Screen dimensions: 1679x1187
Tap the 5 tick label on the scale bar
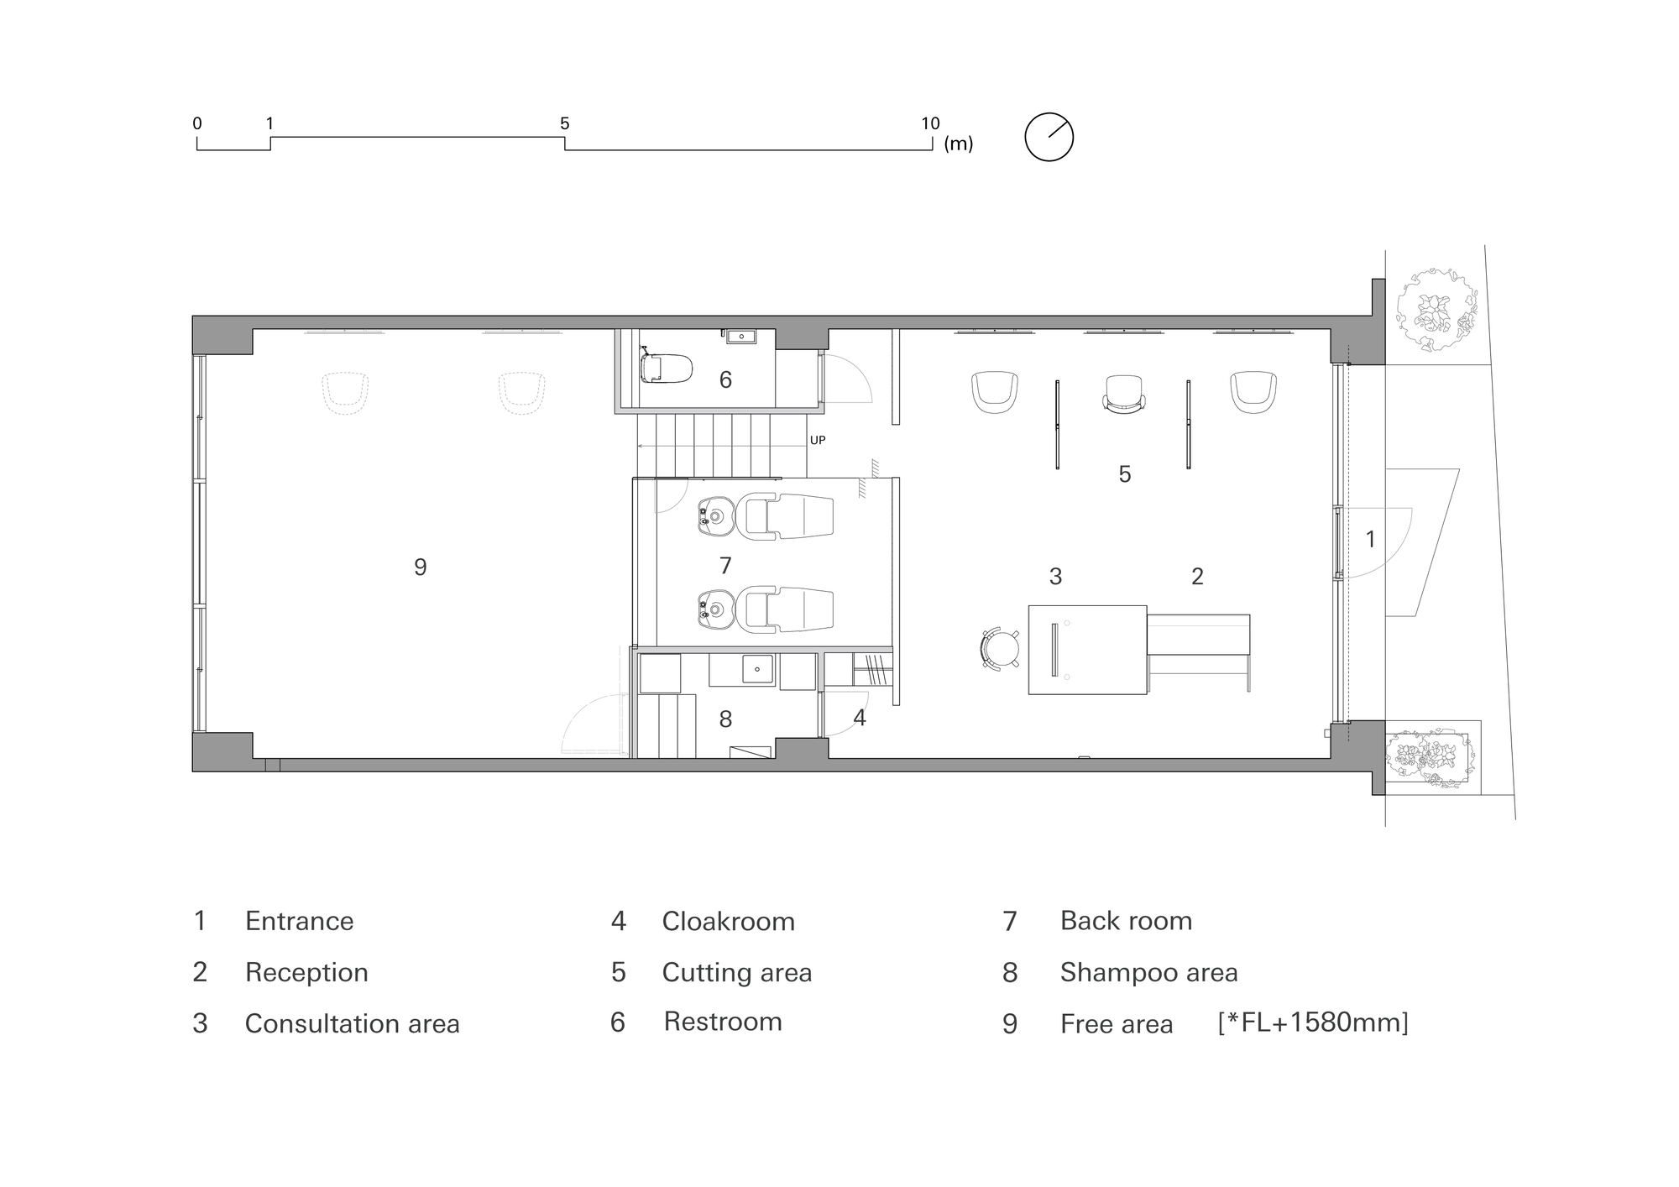[565, 124]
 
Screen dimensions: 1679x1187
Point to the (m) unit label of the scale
[959, 144]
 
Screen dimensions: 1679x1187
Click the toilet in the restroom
[666, 368]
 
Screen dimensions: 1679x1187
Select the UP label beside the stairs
[818, 440]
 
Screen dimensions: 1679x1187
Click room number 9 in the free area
[421, 567]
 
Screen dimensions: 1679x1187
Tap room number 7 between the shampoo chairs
[725, 566]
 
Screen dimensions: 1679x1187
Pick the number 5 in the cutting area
[1125, 474]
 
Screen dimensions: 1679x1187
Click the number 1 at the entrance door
[1371, 539]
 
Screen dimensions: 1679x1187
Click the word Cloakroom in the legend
[728, 922]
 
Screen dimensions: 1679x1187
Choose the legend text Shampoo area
[1148, 973]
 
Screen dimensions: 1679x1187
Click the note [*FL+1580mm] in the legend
[1313, 1022]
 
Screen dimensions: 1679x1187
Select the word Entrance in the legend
[299, 922]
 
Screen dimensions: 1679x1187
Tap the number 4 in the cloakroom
[860, 718]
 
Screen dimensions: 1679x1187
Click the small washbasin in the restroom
[741, 337]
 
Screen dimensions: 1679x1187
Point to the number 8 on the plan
[725, 719]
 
